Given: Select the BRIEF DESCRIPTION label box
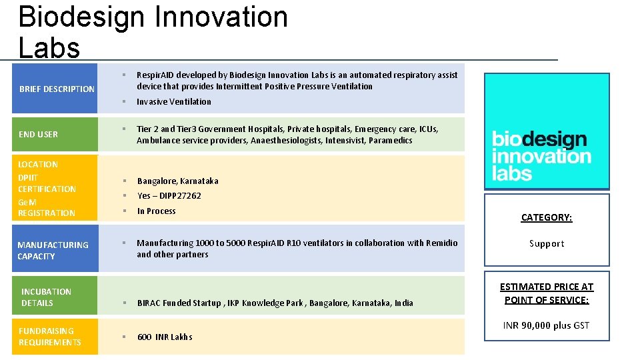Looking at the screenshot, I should (57, 89).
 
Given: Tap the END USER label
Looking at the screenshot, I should (39, 134).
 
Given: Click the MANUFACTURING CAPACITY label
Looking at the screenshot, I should (53, 250).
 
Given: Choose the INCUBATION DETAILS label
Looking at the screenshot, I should (46, 297).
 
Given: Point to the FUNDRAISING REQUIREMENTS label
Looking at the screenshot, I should (49, 336).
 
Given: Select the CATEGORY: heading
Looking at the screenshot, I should (546, 217).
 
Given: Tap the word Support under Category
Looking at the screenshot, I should (546, 243).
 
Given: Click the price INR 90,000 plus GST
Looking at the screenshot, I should (546, 325).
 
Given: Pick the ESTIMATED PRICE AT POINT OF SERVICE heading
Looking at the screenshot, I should (546, 293).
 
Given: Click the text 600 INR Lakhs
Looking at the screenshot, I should (165, 337).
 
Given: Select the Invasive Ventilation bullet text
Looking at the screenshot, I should (173, 101).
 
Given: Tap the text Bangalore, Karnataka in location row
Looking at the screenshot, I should (177, 181).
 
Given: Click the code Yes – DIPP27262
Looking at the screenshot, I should (169, 195).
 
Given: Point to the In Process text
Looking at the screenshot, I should (156, 211).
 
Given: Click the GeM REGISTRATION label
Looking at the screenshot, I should (46, 207).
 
